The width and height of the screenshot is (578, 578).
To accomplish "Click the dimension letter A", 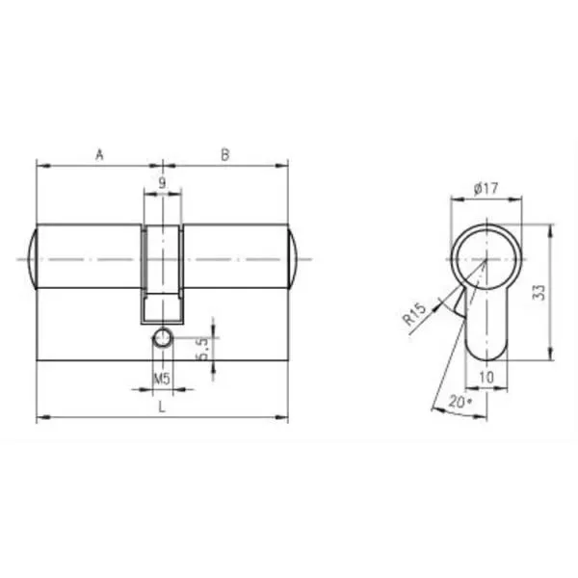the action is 99,155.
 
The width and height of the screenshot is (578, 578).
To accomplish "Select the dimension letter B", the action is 225,155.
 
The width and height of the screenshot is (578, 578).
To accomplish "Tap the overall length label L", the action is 162,407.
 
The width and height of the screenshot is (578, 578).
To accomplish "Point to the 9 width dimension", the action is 162,182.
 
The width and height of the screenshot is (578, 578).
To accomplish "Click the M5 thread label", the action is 162,379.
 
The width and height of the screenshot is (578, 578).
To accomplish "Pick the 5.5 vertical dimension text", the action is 202,350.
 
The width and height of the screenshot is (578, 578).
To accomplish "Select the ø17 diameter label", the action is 486,189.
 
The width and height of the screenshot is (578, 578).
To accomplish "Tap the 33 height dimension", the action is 539,292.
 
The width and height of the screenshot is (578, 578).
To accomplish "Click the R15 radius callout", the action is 414,314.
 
